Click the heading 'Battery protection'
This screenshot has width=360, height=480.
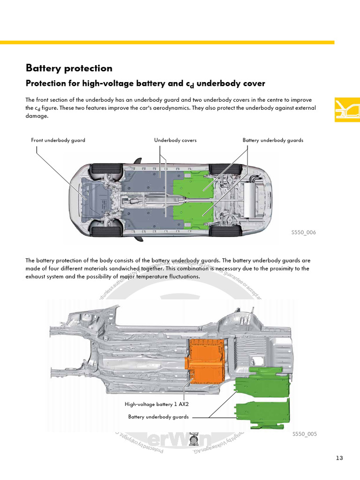[x=69, y=68]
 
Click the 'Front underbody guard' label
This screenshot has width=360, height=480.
[x=58, y=140]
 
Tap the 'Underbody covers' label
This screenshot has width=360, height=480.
[x=175, y=140]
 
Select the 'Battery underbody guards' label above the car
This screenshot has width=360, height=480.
[x=273, y=140]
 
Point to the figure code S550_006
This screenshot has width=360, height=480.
[x=303, y=232]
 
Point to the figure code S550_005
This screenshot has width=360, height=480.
[x=304, y=434]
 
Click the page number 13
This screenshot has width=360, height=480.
[x=340, y=458]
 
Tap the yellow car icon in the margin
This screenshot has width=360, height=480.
[x=347, y=110]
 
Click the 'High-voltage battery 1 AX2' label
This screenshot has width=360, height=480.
[x=157, y=404]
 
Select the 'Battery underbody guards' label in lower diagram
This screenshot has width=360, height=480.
[x=158, y=417]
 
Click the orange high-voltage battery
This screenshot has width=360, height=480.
[x=206, y=361]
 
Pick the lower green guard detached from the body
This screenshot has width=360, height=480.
[x=262, y=413]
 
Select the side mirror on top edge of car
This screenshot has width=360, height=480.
[x=138, y=161]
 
